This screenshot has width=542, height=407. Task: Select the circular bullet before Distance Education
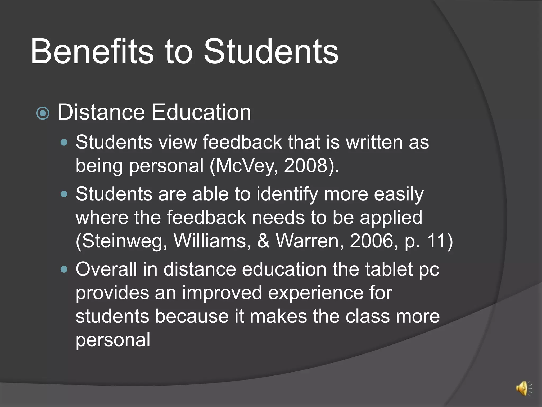pos(43,113)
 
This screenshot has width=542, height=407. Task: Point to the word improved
pos(222,293)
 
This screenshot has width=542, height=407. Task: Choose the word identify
pos(287,194)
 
